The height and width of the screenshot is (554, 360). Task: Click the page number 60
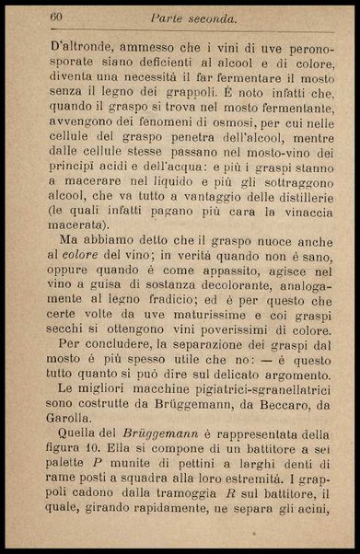[56, 17]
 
